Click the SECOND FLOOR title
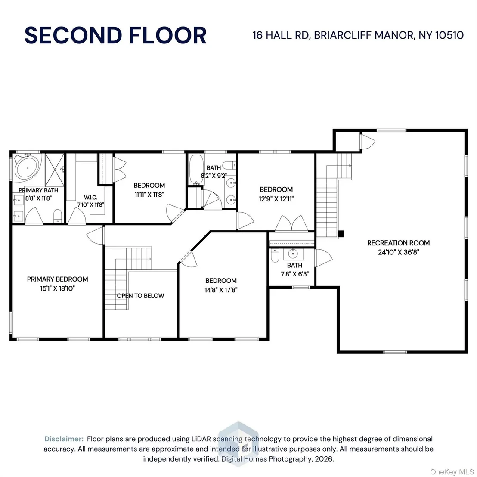116,35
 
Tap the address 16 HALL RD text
281,35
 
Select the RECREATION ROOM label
398,243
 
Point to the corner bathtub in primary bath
28,167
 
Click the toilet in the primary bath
58,216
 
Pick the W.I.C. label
91,198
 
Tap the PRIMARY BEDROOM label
58,279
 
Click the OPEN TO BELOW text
140,295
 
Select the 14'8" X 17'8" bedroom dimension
221,290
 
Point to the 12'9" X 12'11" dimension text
276,199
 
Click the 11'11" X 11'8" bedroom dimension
149,195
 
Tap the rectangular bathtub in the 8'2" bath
196,169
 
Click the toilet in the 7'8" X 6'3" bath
275,256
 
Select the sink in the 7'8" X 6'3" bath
293,254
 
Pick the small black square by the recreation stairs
341,234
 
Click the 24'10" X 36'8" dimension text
398,252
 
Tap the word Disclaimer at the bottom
64,439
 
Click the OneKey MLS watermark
452,472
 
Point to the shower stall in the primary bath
55,170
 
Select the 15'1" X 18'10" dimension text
58,288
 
